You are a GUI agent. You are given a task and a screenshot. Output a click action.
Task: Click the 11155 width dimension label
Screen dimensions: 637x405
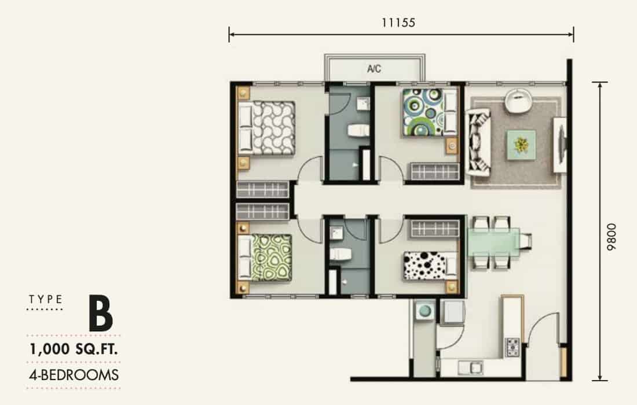coord(398,23)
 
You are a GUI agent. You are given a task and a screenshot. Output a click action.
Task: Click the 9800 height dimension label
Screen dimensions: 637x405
coord(611,237)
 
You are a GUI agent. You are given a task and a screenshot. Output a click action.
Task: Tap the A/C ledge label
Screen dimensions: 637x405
coord(374,69)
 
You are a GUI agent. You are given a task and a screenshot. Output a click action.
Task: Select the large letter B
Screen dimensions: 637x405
coord(101,314)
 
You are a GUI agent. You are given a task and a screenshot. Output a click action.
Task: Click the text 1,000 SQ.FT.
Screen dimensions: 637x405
coord(74,349)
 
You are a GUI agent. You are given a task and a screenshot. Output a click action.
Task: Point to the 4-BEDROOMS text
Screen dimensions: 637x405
coord(74,375)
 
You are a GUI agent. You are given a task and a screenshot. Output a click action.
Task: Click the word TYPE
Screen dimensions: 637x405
coord(46,300)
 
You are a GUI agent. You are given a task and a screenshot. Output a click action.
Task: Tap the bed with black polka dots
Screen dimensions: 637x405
coord(430,266)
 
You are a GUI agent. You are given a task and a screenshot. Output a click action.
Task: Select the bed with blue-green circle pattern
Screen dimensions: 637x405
coord(430,112)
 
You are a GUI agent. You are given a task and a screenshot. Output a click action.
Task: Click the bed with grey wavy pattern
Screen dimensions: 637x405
coord(266,128)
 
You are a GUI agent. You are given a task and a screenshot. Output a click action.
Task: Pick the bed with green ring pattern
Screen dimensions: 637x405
coord(265,257)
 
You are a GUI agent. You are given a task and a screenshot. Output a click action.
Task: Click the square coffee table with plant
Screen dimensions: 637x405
coord(521,145)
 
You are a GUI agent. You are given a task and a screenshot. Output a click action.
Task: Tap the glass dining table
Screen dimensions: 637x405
coord(494,242)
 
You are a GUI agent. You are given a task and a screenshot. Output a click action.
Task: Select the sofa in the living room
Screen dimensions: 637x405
coord(478,142)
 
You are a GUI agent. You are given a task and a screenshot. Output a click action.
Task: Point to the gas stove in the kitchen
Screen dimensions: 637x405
coord(512,347)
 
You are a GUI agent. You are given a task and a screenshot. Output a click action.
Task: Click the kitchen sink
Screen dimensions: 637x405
coord(470,367)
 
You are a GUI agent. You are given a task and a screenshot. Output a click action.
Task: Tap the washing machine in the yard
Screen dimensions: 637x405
coord(425,311)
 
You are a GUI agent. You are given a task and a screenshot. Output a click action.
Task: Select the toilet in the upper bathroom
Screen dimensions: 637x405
coord(358,131)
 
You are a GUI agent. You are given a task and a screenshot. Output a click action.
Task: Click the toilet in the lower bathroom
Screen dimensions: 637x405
coord(341,255)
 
